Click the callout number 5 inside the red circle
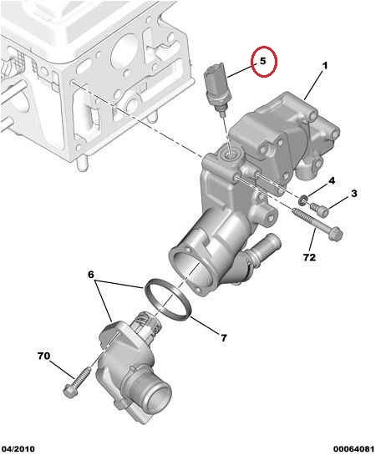pos(262,61)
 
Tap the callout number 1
pos(325,66)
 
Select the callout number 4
pos(332,181)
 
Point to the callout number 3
pos(354,194)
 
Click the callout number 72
pos(309,257)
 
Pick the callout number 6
pos(91,274)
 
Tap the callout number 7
pos(223,338)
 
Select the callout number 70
pos(43,356)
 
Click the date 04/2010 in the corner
pos(18,448)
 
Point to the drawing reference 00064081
pos(353,448)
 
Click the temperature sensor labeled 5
pos(216,87)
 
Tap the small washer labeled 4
pos(302,200)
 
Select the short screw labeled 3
pos(320,210)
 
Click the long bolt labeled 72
pos(318,225)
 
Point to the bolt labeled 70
pos(76,382)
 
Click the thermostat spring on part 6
pos(148,325)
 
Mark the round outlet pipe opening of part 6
pos(157,395)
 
